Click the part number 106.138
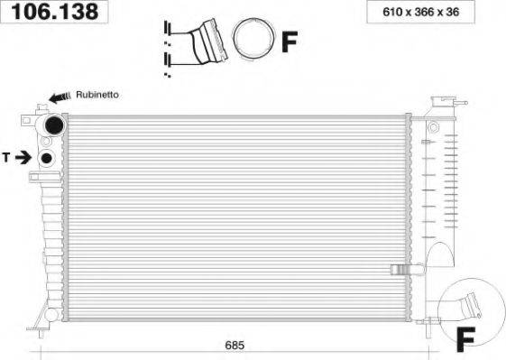click(x=54, y=12)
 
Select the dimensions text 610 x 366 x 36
click(x=421, y=12)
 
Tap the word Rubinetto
click(x=97, y=95)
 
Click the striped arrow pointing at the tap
click(x=60, y=97)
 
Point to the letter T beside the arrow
click(x=6, y=158)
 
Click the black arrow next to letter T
click(x=23, y=158)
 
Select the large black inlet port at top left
click(x=54, y=125)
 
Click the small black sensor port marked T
click(x=47, y=158)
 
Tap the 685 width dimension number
click(x=235, y=346)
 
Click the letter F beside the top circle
click(x=290, y=42)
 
